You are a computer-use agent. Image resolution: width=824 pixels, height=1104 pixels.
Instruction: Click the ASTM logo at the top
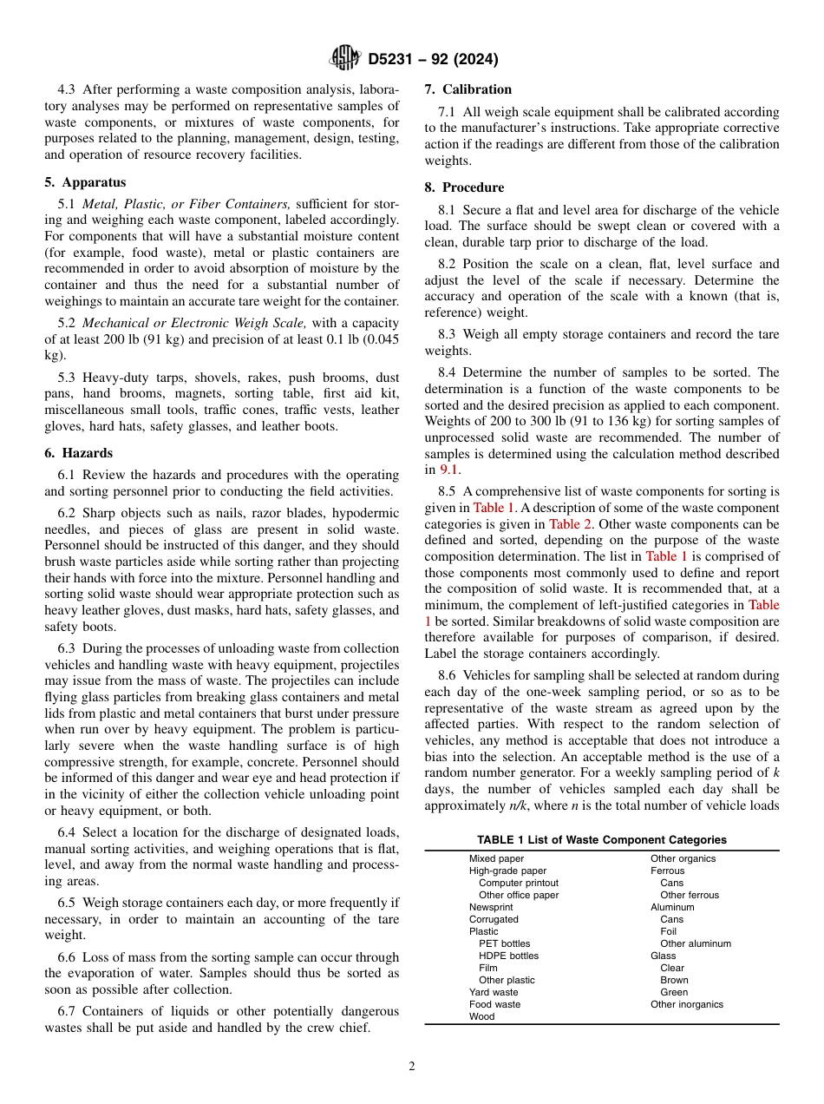tap(345, 59)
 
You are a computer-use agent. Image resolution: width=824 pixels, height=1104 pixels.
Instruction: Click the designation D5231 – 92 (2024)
tap(433, 60)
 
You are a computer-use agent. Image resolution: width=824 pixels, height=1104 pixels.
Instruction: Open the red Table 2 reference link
tap(570, 523)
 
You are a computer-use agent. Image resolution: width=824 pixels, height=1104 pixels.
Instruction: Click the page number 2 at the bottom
tap(412, 1067)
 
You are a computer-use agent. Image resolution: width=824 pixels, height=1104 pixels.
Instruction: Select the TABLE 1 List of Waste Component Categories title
tap(602, 839)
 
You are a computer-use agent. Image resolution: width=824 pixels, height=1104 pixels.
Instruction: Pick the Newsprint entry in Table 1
tap(490, 907)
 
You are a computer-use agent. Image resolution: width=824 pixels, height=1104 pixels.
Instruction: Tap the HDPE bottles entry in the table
tap(508, 956)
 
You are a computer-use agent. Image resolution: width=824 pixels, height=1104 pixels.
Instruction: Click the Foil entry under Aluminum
tap(669, 931)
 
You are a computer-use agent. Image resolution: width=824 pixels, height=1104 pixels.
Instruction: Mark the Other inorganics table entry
tap(686, 1004)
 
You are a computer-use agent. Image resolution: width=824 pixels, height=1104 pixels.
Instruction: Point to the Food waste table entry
tap(494, 1004)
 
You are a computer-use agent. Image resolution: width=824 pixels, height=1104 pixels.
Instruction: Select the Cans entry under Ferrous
tap(671, 883)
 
